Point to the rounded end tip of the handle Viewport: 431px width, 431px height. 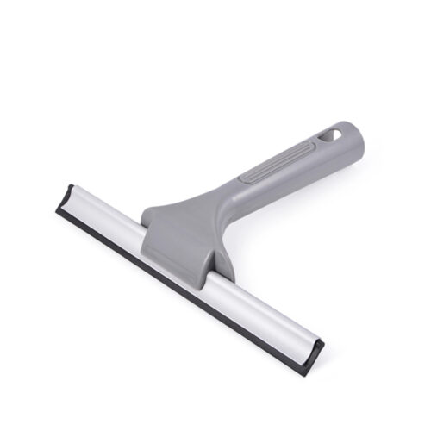[353, 134]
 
